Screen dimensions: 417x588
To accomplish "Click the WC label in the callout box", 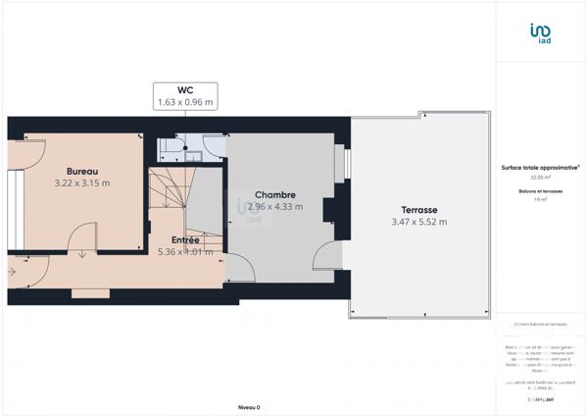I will [186, 88].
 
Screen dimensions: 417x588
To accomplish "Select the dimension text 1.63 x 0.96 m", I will [186, 101].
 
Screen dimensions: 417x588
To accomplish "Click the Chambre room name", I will [275, 194].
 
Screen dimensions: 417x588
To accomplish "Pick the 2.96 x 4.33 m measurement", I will [275, 207].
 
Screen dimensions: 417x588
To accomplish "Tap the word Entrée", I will [186, 239].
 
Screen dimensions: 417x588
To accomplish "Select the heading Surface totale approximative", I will [538, 168].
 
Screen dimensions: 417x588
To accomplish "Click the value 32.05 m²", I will [538, 178].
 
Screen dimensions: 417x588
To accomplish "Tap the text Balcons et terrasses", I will [538, 190].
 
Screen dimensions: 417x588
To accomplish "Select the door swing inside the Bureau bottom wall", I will [82, 241].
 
